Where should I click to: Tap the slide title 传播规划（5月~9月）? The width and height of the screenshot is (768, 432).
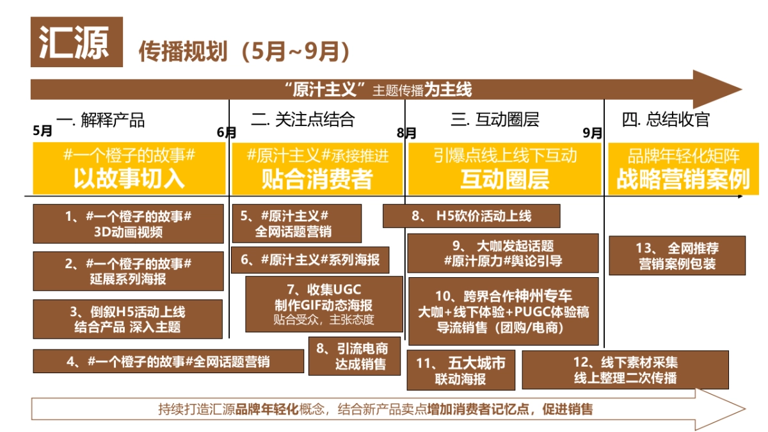(x=244, y=52)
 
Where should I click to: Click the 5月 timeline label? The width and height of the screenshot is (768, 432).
(x=43, y=131)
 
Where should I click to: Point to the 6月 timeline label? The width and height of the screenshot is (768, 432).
(x=227, y=132)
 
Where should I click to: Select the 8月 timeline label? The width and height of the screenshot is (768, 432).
(x=406, y=132)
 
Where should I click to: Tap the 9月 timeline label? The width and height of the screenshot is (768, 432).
(x=593, y=132)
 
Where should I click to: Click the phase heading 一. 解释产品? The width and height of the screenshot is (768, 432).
(x=100, y=120)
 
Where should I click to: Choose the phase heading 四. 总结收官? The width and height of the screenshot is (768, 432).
(x=666, y=120)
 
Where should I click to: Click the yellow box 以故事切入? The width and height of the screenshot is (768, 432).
(x=129, y=168)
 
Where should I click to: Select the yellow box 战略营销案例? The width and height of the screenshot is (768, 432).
(x=683, y=168)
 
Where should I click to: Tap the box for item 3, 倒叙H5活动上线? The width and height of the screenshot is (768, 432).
(x=128, y=319)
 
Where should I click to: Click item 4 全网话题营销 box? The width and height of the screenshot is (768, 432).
(x=168, y=361)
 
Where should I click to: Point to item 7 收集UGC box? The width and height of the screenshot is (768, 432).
(x=324, y=304)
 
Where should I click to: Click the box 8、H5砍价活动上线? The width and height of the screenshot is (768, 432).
(x=471, y=216)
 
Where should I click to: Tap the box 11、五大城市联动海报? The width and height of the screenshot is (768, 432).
(x=461, y=371)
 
